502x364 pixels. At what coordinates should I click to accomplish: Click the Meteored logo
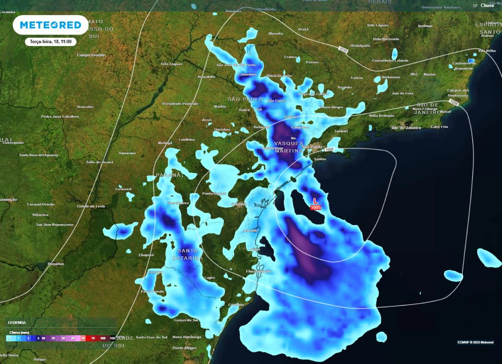tap(50, 25)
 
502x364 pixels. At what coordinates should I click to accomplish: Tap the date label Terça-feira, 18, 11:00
tap(51, 42)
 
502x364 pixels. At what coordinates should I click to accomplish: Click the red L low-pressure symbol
tap(316, 201)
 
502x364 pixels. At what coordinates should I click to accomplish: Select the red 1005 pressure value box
tap(315, 208)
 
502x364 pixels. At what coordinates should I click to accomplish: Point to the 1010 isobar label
tap(343, 50)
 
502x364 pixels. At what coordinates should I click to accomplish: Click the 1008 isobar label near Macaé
tap(454, 104)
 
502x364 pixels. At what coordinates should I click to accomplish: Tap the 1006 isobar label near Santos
tap(329, 149)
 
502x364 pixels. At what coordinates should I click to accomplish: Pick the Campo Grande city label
tap(91, 55)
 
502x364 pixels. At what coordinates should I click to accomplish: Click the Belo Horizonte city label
tap(386, 39)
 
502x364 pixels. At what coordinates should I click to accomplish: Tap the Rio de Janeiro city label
tap(406, 128)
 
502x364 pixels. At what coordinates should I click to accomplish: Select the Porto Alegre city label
tap(184, 348)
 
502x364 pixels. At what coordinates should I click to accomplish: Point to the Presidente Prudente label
tap(180, 104)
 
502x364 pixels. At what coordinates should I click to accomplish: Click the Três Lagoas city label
tap(172, 64)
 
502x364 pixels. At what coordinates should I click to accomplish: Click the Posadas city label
tap(55, 264)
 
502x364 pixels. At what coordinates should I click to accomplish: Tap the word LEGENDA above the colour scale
tap(17, 322)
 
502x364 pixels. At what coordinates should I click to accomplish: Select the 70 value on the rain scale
tap(93, 338)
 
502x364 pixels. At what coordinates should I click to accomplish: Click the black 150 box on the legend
tap(112, 338)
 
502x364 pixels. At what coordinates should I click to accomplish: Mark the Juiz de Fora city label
tap(402, 93)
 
